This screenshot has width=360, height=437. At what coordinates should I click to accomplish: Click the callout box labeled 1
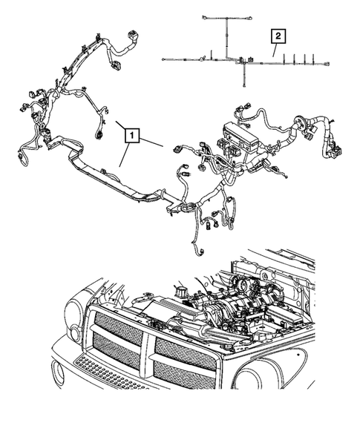[x=131, y=135]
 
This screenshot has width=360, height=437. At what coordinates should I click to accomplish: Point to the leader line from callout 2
[x=273, y=50]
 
